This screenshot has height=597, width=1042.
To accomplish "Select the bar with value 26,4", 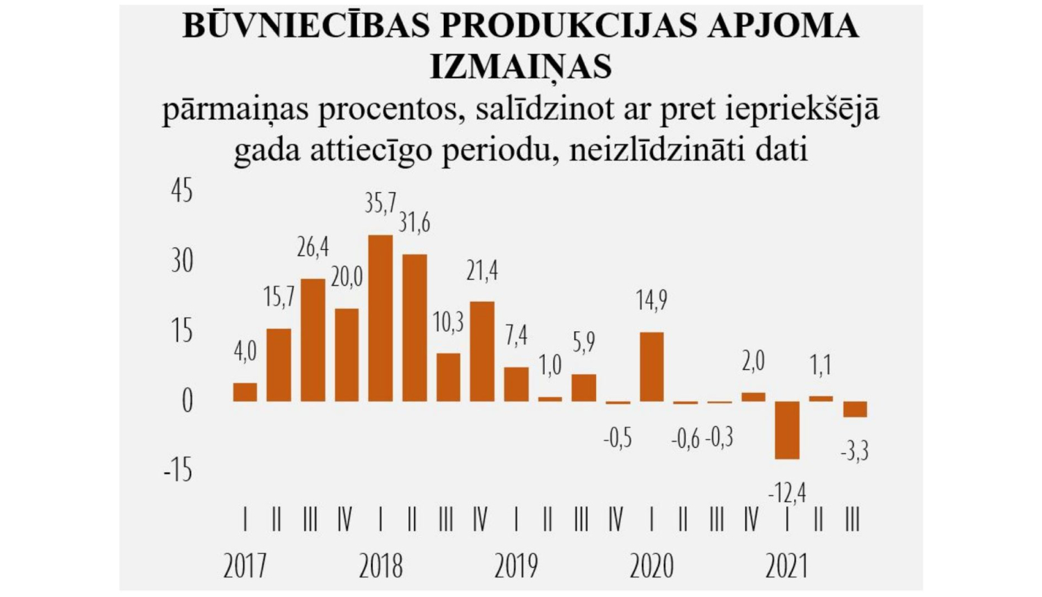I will (x=313, y=340).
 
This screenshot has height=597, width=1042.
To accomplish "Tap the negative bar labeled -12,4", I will (x=787, y=430).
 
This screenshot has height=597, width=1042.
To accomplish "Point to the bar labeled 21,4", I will (x=482, y=351).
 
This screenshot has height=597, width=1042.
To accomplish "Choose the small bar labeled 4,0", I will (x=245, y=392).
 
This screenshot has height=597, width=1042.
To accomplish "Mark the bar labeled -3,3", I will (x=855, y=409).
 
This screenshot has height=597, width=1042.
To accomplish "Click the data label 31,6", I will (x=414, y=223).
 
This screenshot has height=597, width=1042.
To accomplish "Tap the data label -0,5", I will (x=618, y=438).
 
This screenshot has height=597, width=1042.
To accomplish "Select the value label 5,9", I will (x=584, y=342).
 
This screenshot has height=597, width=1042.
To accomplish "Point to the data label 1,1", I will (x=820, y=365).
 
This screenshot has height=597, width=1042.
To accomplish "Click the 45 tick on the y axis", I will (x=182, y=191).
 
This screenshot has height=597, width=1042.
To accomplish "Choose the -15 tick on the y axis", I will (x=179, y=471).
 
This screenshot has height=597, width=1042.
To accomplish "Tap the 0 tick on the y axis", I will (x=187, y=401).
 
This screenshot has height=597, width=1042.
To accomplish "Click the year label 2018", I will (x=381, y=566).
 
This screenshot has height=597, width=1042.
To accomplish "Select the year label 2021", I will (x=786, y=566).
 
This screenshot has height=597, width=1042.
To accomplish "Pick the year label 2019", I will (x=516, y=566).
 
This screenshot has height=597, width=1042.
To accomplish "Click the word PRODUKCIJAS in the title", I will (x=568, y=26).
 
